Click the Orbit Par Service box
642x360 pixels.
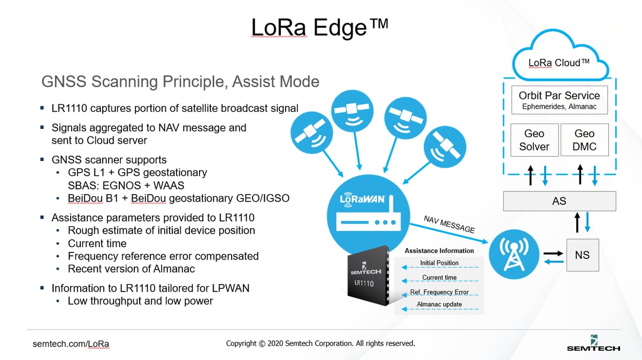559,100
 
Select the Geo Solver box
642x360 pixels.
534,140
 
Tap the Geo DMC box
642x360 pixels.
584,140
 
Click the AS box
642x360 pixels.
559,201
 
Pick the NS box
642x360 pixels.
582,255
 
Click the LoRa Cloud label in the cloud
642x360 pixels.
559,63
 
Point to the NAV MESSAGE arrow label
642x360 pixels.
449,225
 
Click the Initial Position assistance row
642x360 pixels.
439,263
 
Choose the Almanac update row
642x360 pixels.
439,305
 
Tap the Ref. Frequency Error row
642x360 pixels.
439,292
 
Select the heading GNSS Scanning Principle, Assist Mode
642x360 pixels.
180,82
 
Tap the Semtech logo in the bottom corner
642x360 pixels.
593,343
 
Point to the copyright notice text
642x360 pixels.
320,343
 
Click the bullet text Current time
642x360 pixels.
97,243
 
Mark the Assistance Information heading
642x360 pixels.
439,250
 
